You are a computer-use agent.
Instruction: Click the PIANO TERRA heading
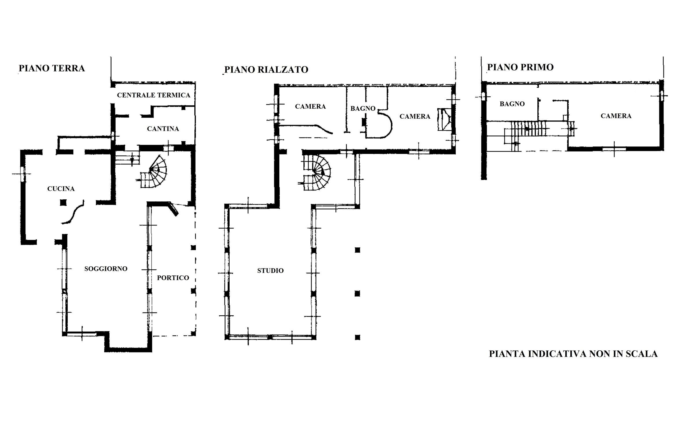52,68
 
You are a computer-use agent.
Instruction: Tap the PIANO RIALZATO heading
266,70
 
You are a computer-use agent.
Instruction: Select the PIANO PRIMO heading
520,67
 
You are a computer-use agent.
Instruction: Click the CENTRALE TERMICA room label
154,95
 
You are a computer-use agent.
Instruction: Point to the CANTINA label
163,129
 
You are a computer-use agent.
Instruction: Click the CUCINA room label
61,189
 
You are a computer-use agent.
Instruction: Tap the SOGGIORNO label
106,269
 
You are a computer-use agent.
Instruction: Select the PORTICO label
173,278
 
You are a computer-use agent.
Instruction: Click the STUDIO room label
270,271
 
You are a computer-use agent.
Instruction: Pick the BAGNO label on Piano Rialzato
363,108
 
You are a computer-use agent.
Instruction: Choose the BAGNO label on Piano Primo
512,104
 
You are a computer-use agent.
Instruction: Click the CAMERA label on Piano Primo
616,116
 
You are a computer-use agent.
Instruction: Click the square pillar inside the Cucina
63,203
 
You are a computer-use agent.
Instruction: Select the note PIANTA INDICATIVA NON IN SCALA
573,354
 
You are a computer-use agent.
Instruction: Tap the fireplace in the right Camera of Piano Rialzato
445,119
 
